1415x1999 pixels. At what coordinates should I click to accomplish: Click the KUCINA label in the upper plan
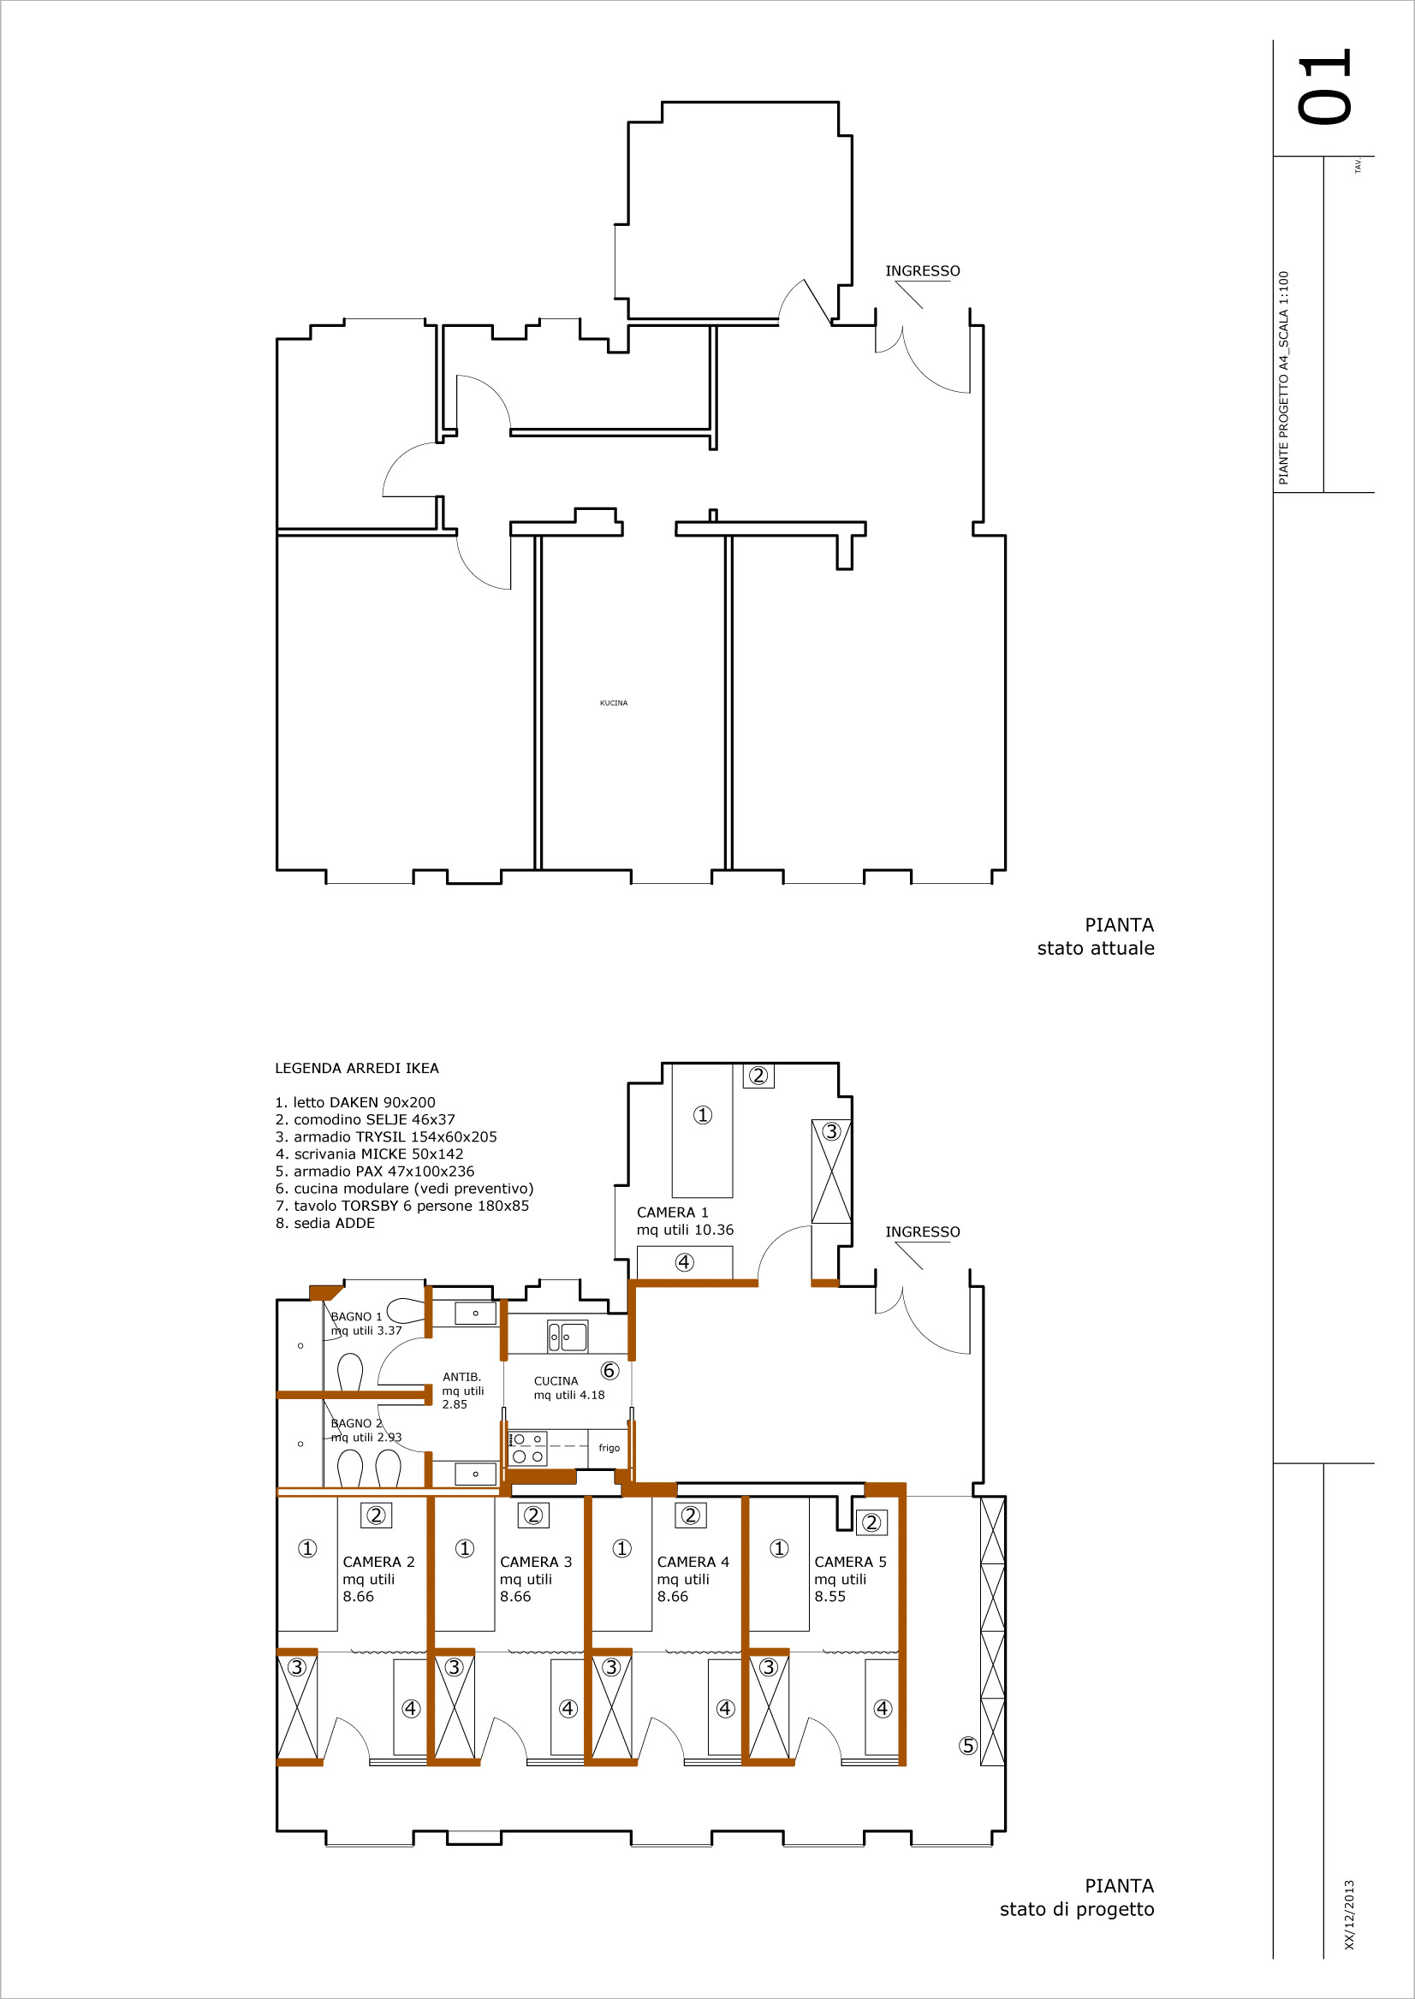click(x=614, y=703)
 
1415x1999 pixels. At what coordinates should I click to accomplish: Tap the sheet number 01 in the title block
click(x=1323, y=87)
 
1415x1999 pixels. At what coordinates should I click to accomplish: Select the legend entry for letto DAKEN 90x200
click(x=354, y=1102)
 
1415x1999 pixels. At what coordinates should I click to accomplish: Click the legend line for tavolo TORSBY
click(x=401, y=1206)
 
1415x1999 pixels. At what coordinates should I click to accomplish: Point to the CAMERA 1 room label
click(x=673, y=1213)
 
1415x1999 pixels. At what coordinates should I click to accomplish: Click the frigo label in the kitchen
click(x=609, y=1448)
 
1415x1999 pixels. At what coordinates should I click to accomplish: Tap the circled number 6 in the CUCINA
click(x=609, y=1371)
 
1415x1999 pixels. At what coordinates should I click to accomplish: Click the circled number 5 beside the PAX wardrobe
click(x=968, y=1746)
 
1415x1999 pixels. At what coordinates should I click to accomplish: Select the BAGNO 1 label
click(x=356, y=1316)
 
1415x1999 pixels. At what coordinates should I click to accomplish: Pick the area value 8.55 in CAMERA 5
click(x=829, y=1597)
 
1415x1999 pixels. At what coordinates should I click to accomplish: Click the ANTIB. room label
click(x=461, y=1377)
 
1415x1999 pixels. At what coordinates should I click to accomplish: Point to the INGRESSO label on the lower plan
click(x=923, y=1231)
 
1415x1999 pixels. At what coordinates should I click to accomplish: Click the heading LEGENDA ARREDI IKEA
click(x=357, y=1068)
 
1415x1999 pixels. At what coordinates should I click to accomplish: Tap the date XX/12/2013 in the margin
click(x=1350, y=1914)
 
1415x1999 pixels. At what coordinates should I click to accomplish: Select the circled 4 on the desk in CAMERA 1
click(x=685, y=1262)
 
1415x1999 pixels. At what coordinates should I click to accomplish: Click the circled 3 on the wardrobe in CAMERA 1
click(x=832, y=1131)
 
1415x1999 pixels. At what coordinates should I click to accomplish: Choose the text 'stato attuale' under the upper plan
click(x=1095, y=948)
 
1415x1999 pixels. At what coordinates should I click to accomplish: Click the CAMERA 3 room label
click(x=536, y=1562)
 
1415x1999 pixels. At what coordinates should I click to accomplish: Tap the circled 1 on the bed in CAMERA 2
click(x=307, y=1548)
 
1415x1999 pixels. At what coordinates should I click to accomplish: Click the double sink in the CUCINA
click(x=568, y=1336)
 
